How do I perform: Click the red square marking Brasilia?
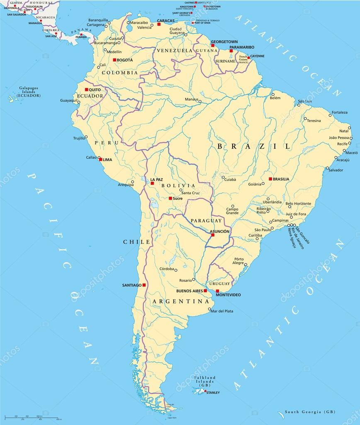[x=270, y=179]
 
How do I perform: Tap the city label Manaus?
[x=192, y=100]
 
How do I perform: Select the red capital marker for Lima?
[x=100, y=159]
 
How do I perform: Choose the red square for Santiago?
[x=144, y=285]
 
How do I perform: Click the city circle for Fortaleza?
[x=331, y=115]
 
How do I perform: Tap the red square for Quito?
[x=87, y=89]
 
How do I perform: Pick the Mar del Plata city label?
[x=222, y=311]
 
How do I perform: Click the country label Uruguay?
[x=219, y=283]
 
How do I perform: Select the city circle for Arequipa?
[x=133, y=182]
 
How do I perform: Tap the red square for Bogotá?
[x=114, y=60]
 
